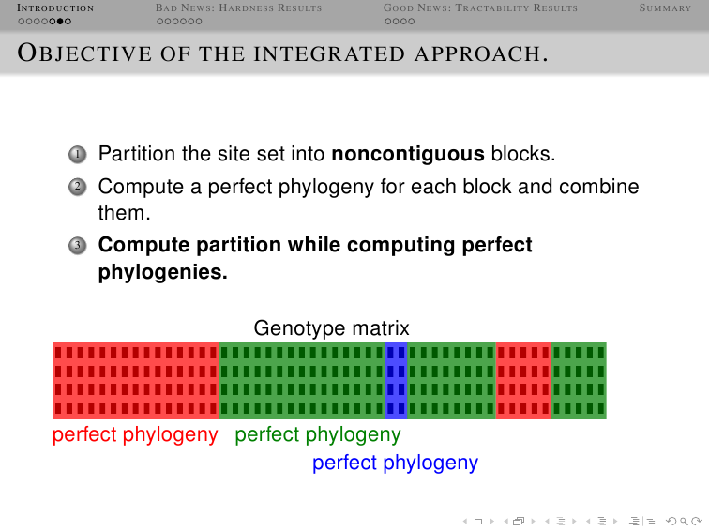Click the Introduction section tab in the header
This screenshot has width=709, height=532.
(55, 8)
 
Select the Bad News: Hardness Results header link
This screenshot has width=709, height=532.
(238, 8)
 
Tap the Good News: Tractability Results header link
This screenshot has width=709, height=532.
(480, 8)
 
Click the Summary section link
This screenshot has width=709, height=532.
(665, 8)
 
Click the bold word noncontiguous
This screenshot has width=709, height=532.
(408, 154)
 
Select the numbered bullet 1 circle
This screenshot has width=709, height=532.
(77, 155)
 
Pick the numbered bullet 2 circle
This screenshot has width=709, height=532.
(77, 187)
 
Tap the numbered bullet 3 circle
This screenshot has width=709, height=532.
(77, 246)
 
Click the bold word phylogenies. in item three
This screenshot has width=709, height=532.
(163, 272)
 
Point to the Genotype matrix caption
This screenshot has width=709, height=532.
(331, 328)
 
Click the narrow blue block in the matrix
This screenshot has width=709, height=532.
(396, 380)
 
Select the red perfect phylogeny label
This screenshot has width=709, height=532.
(135, 435)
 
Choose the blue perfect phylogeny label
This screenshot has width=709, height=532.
(395, 464)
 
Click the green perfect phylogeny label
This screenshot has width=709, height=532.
(317, 435)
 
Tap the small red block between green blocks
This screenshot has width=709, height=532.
(523, 380)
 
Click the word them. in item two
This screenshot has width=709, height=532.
(125, 213)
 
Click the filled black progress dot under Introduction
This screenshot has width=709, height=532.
(60, 22)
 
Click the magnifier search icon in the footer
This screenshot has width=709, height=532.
(684, 522)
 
